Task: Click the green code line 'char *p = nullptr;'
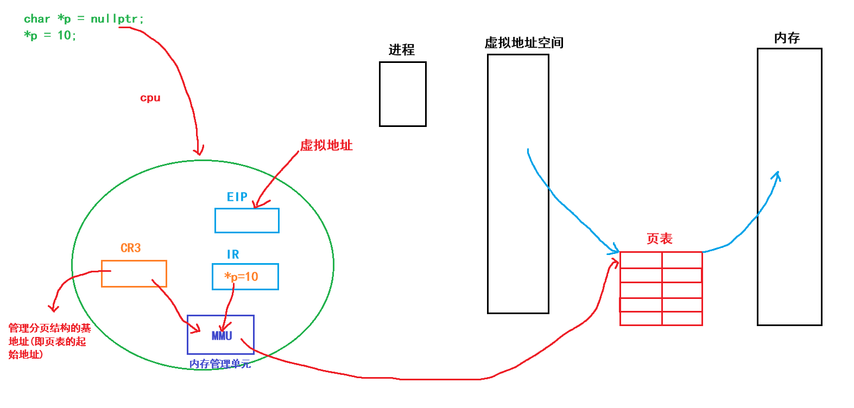(x=84, y=19)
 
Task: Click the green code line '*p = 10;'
(x=50, y=35)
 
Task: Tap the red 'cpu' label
(x=150, y=98)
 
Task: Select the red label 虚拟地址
(x=326, y=145)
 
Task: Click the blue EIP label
(x=237, y=197)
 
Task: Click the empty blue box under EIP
(x=247, y=221)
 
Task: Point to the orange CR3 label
(x=130, y=248)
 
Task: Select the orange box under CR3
(x=134, y=273)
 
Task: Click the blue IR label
(x=233, y=254)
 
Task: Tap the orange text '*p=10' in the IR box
(x=242, y=277)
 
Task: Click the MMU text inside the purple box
(x=222, y=336)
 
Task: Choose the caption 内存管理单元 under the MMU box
(x=220, y=364)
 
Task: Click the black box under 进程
(x=402, y=94)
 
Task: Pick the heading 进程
(x=402, y=50)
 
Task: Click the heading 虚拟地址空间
(x=524, y=43)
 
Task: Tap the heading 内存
(x=787, y=38)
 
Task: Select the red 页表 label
(x=660, y=239)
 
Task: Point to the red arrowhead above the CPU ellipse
(x=199, y=151)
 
